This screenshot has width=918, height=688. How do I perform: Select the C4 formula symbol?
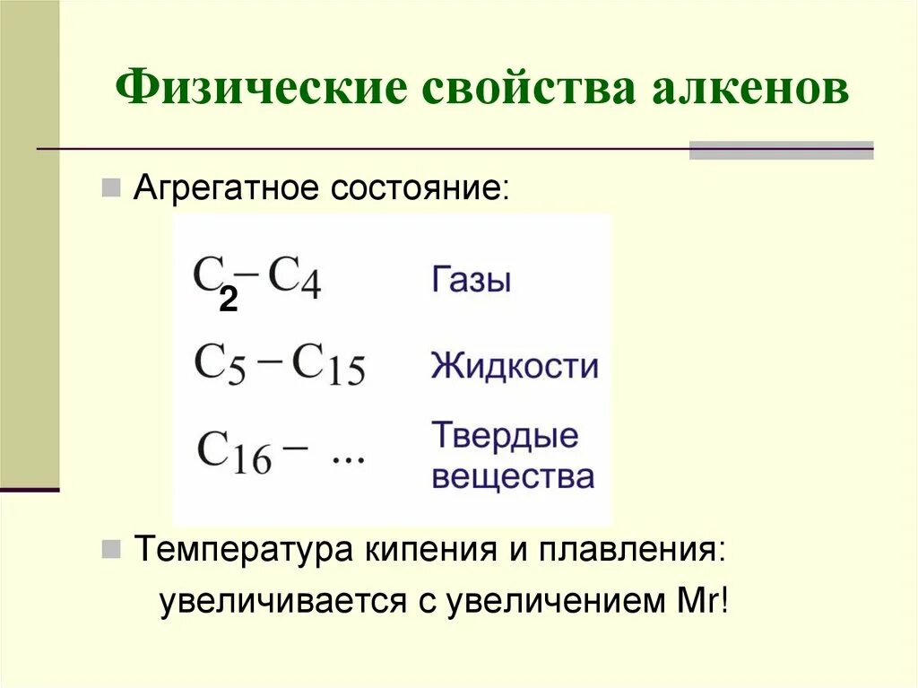pyautogui.click(x=295, y=279)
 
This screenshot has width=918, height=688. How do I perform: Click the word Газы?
pyautogui.click(x=472, y=280)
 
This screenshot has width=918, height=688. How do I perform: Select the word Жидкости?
pyautogui.click(x=515, y=366)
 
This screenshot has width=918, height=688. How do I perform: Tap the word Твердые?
pyautogui.click(x=506, y=437)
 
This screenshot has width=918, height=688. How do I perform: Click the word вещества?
pyautogui.click(x=513, y=476)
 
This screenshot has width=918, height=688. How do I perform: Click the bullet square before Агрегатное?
pyautogui.click(x=111, y=188)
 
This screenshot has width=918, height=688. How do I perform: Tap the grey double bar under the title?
pyautogui.click(x=781, y=150)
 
